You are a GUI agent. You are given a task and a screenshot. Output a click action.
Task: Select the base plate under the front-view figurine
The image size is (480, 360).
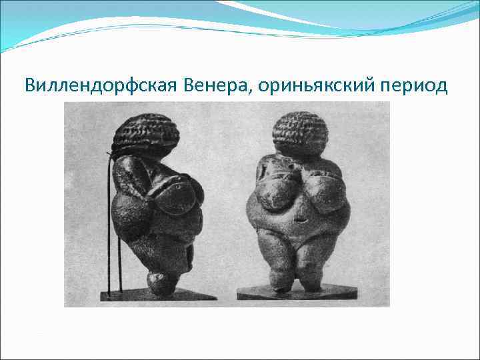click(x=297, y=292)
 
